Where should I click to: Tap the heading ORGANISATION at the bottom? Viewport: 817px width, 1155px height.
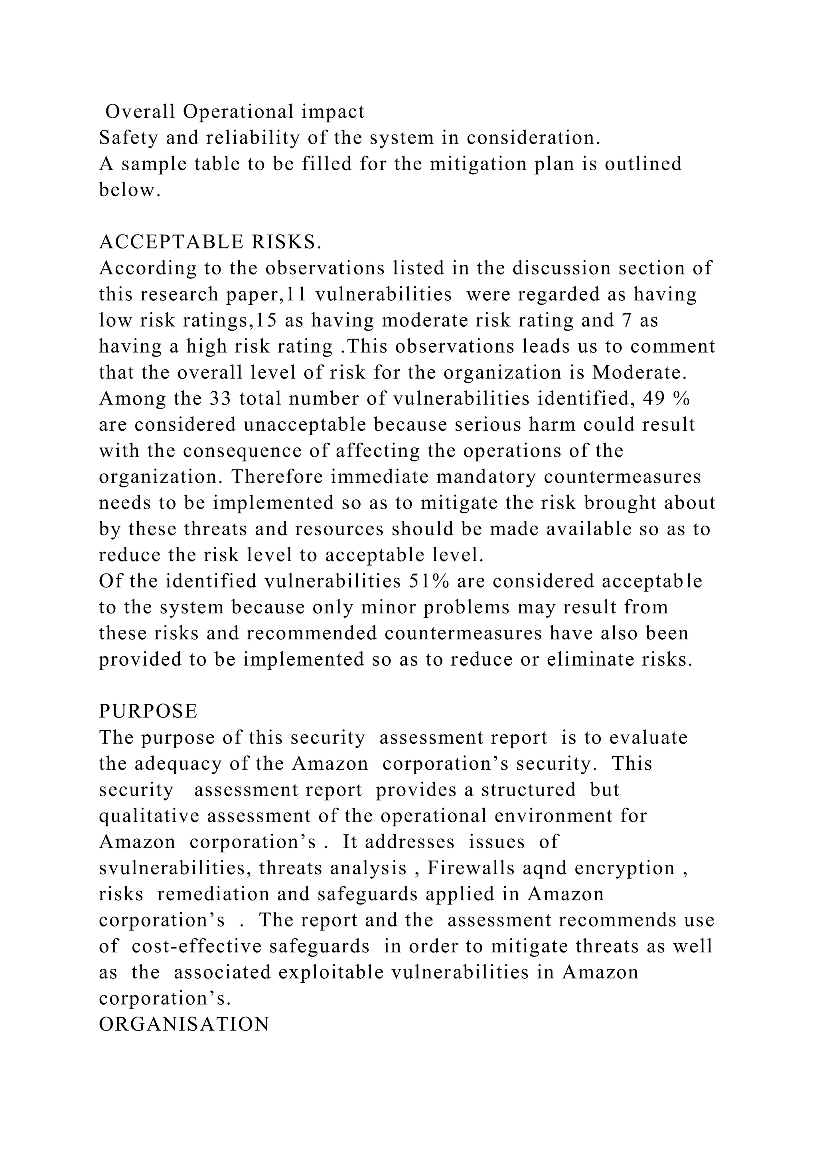click(184, 1024)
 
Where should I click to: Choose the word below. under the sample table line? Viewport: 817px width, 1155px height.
click(130, 190)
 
